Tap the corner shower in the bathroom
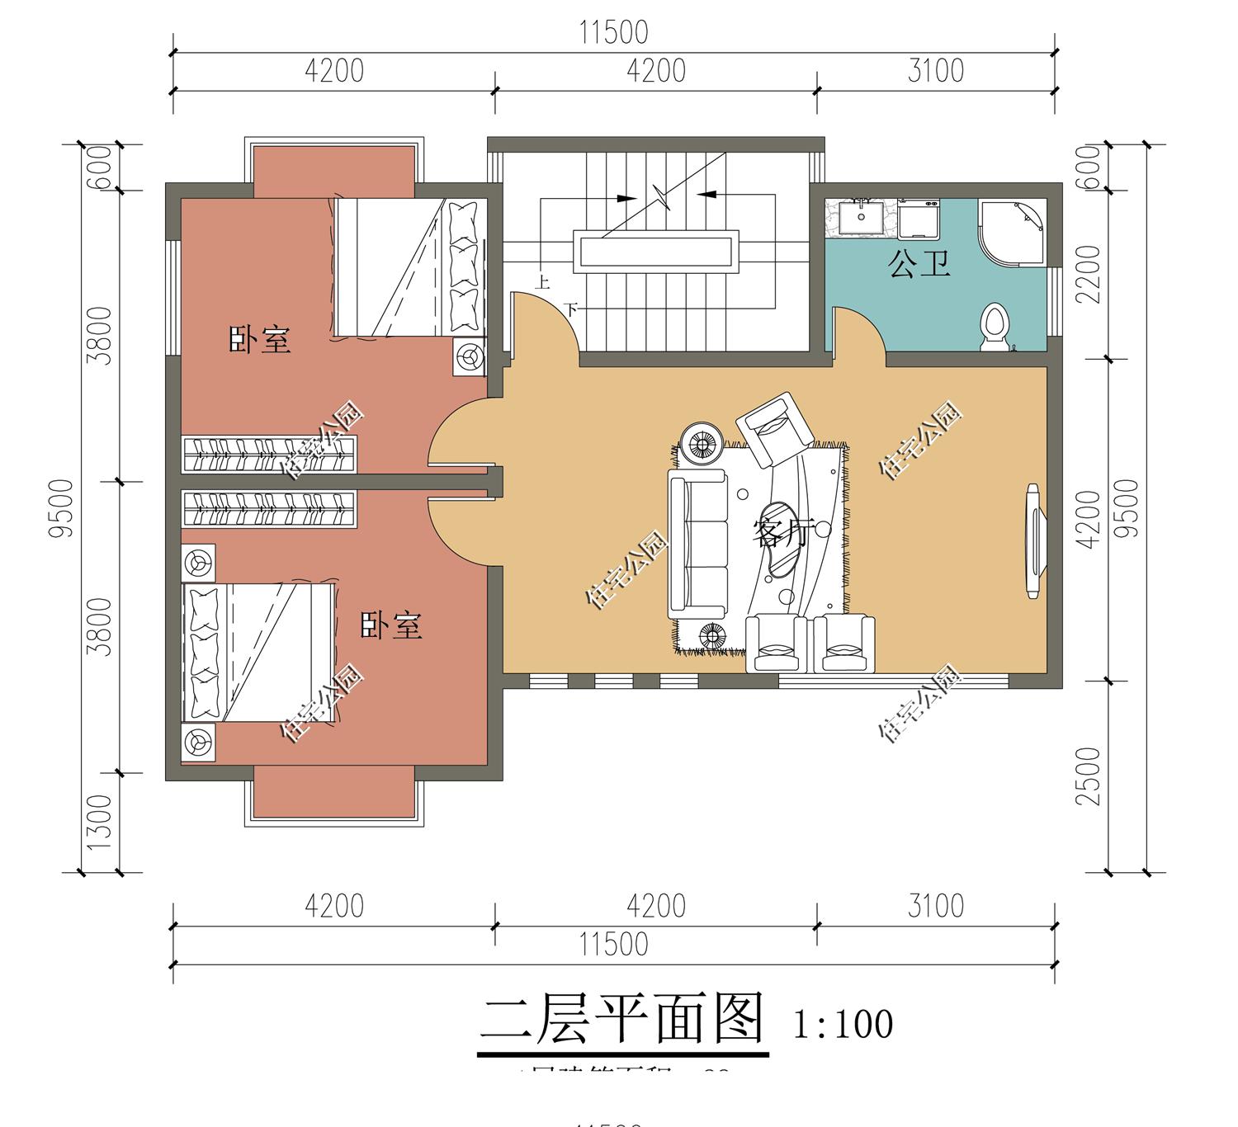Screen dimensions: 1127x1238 [x=1012, y=231]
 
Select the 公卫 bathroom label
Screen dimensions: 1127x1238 [x=919, y=264]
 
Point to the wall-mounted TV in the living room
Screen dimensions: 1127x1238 [x=1032, y=540]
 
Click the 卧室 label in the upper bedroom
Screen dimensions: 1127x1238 [x=260, y=340]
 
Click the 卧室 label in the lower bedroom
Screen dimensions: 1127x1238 [x=391, y=626]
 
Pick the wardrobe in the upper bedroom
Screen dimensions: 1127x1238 [x=269, y=455]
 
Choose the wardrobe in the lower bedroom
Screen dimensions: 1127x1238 [x=269, y=509]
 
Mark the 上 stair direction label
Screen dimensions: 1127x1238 [x=542, y=282]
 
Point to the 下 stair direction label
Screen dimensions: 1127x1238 [x=570, y=309]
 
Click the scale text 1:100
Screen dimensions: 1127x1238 [x=843, y=1025]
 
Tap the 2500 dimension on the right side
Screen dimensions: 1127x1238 [x=1090, y=776]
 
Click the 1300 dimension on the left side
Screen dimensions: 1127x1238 [x=98, y=823]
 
